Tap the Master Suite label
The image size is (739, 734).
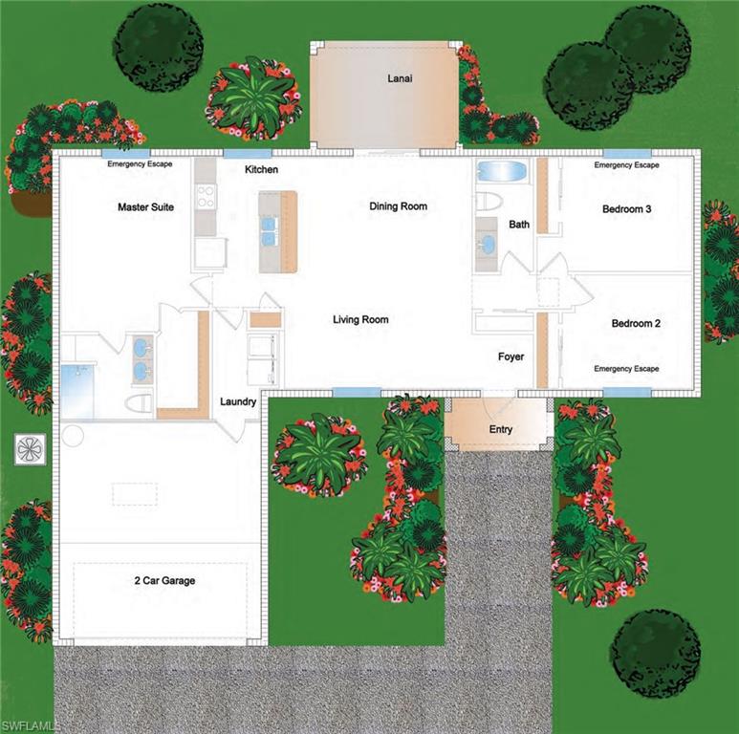pyautogui.click(x=145, y=206)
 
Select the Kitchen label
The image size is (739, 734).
pyautogui.click(x=261, y=169)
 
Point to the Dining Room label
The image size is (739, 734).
pyautogui.click(x=398, y=206)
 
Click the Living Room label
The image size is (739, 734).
pyautogui.click(x=360, y=319)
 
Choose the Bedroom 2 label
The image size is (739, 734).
pyautogui.click(x=636, y=324)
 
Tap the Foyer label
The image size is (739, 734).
pyautogui.click(x=511, y=357)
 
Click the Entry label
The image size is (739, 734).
pyautogui.click(x=501, y=429)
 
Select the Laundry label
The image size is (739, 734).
pyautogui.click(x=238, y=402)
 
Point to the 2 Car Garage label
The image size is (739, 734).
pyautogui.click(x=164, y=580)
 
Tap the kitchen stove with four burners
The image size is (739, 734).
pyautogui.click(x=205, y=196)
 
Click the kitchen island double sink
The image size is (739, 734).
pyautogui.click(x=269, y=230)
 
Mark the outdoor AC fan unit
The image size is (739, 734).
pyautogui.click(x=30, y=448)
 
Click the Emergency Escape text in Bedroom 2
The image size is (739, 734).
pyautogui.click(x=626, y=369)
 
